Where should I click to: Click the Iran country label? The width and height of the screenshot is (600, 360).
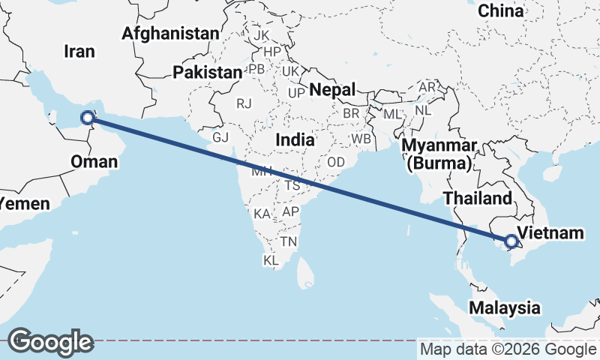80,51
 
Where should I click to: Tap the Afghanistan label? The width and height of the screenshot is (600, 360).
170,33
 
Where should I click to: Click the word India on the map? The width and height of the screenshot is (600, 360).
295,139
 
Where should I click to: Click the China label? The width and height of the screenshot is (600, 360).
500,10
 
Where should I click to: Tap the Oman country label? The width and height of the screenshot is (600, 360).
94,161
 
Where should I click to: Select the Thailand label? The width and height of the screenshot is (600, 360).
477,198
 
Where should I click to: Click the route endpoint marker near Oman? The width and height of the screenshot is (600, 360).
88,117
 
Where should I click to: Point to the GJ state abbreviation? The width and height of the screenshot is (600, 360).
220,138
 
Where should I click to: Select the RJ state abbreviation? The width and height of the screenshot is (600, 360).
244,103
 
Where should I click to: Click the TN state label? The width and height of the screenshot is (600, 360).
289,241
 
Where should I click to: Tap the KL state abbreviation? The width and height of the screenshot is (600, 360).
271,260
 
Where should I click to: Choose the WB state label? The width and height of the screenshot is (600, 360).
361,139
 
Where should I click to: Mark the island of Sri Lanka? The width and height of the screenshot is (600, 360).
306,272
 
